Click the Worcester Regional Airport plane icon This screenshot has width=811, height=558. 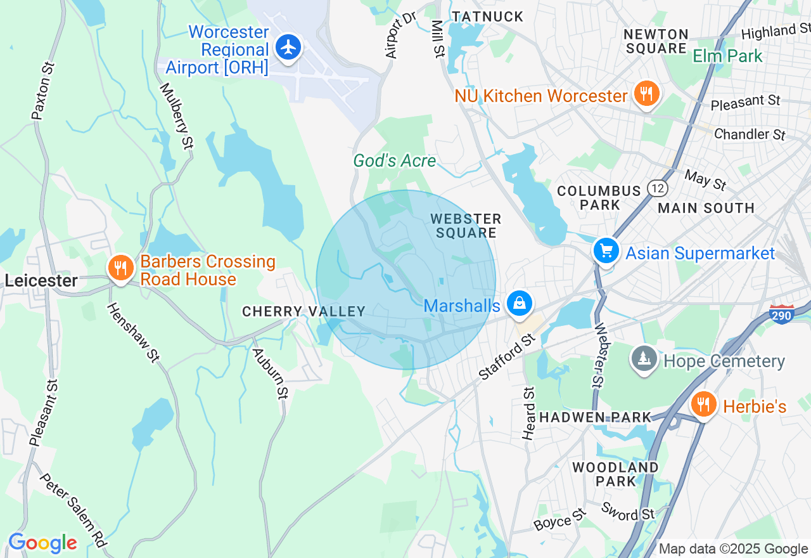pos(288,48)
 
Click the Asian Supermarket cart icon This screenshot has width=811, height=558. pos(606,251)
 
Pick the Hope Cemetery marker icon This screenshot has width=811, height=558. pos(644,360)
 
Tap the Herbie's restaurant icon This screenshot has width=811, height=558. pos(703,405)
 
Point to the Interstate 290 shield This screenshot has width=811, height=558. pos(782,314)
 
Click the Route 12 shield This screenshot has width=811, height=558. pos(657,188)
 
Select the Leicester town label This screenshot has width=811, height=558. pos(41,280)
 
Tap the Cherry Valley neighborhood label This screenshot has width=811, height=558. pos(304,311)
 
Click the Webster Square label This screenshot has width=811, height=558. pos(466,226)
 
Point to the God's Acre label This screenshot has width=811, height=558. pos(395,161)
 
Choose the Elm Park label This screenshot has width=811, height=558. pos(727,56)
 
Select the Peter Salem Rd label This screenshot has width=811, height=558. pos(73,510)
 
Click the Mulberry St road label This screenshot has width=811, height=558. pos(176,116)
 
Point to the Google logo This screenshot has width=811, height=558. pos(42,543)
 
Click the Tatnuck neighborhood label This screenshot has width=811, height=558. pos(488,16)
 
